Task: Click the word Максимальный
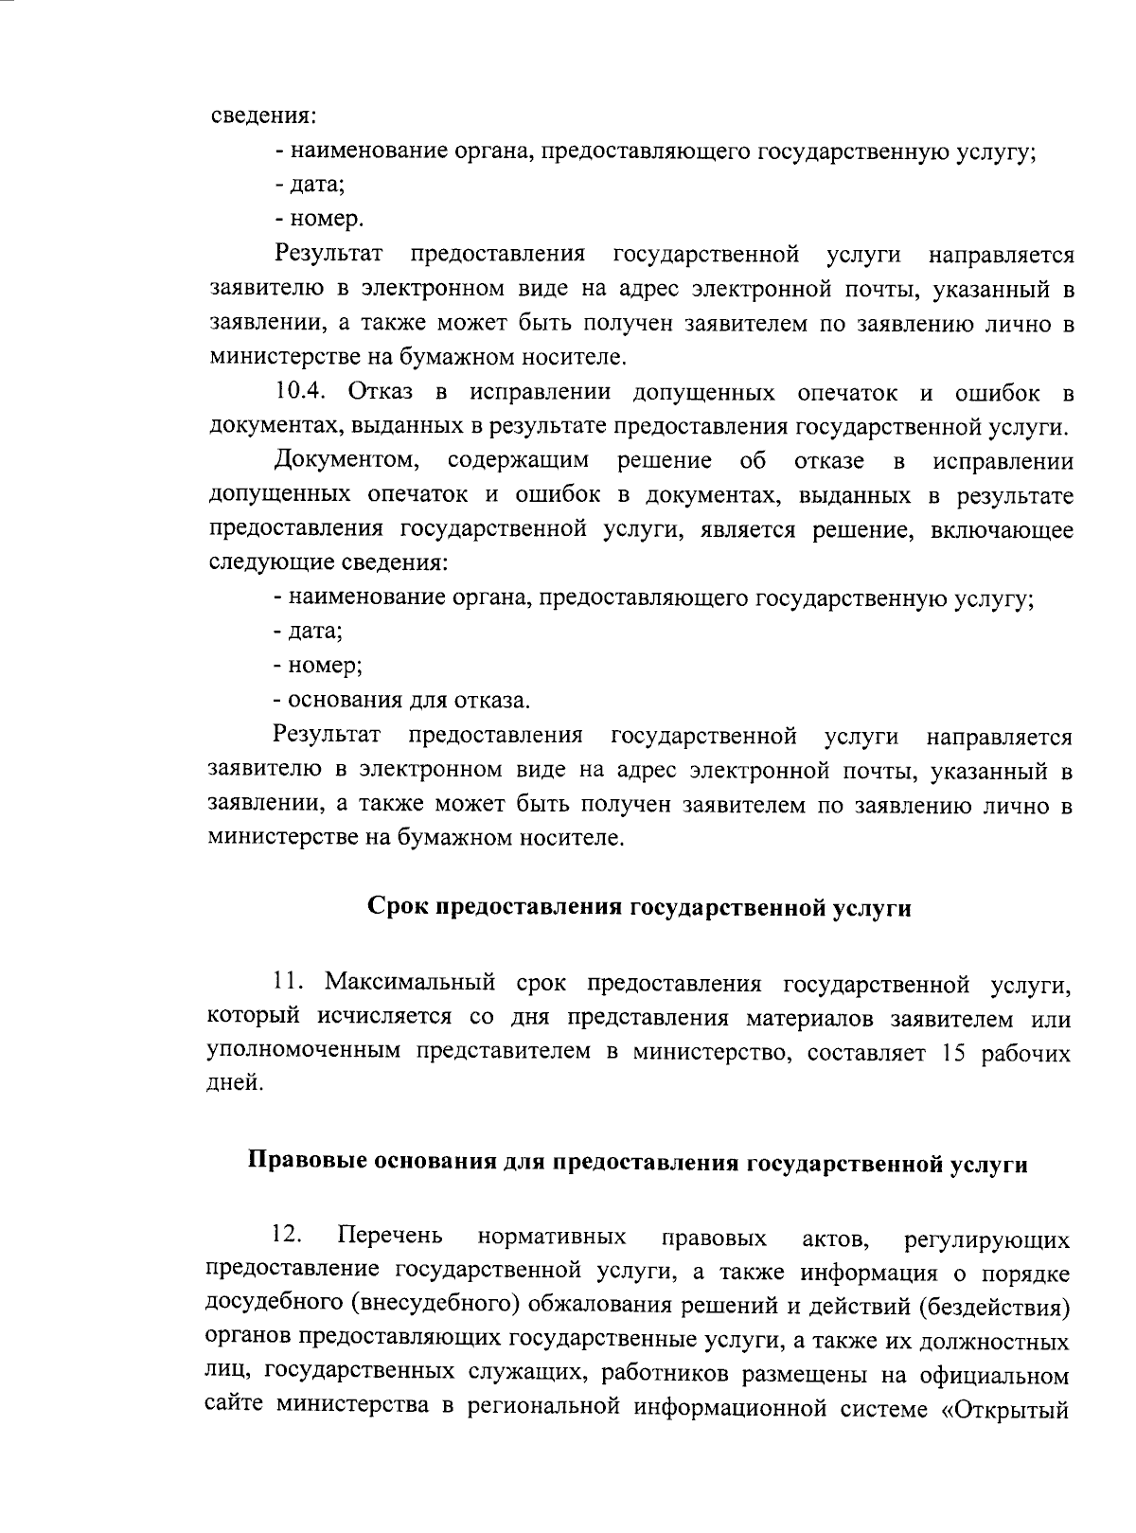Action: [x=411, y=983]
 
